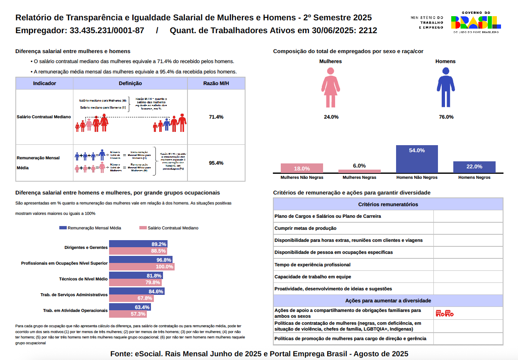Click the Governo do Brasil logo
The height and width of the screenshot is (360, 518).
tap(475, 22)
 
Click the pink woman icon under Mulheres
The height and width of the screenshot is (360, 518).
tap(331, 88)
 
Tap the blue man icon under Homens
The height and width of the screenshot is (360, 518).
tap(446, 88)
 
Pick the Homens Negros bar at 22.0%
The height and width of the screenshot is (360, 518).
tap(474, 167)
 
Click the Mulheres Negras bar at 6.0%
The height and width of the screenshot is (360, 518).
tap(359, 171)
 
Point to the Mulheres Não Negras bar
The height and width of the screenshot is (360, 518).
tap(302, 168)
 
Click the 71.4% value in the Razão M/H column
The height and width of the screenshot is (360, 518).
tap(216, 117)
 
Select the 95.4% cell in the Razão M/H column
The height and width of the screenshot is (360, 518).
tap(216, 163)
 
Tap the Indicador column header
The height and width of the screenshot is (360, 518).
tap(44, 83)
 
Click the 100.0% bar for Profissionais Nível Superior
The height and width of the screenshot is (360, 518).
tap(141, 267)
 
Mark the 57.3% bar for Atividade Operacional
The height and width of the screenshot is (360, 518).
tap(128, 314)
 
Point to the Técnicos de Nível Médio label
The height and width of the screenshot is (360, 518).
tap(83, 279)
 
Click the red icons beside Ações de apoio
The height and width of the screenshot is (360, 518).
tap(445, 313)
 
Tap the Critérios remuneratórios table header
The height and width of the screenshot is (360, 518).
tap(388, 204)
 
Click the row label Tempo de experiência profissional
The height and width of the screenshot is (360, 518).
tap(312, 265)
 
